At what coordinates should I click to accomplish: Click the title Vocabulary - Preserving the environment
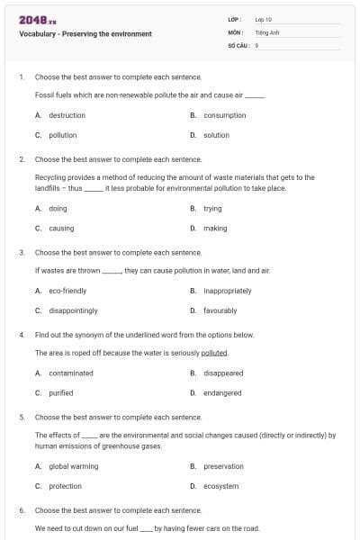[85, 34]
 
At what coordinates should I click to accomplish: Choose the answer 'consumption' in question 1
[225, 115]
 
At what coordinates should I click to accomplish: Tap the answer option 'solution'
[216, 135]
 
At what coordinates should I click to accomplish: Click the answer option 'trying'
[213, 208]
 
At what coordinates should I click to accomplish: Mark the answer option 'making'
[215, 228]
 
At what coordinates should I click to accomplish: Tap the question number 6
[22, 510]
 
